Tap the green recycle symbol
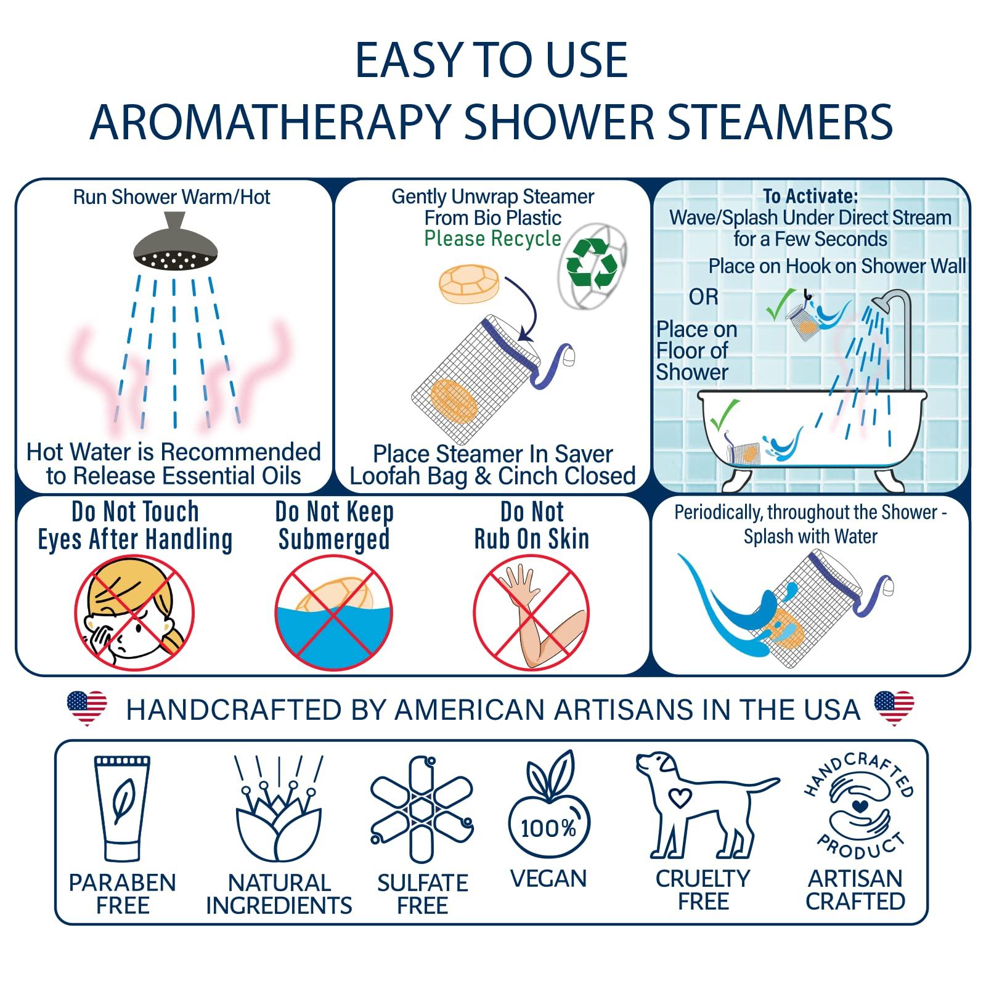pos(591,264)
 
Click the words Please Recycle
pos(492,238)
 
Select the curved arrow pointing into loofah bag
pos(527,308)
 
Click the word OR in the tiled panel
pos(703,297)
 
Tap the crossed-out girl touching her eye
pos(134,613)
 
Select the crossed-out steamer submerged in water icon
pos(333,613)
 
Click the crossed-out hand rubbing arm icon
pos(531,613)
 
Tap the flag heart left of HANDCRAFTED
pos(86,707)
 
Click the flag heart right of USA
pos(894,707)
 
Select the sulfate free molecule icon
pos(422,810)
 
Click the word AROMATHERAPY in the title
pos(269,121)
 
